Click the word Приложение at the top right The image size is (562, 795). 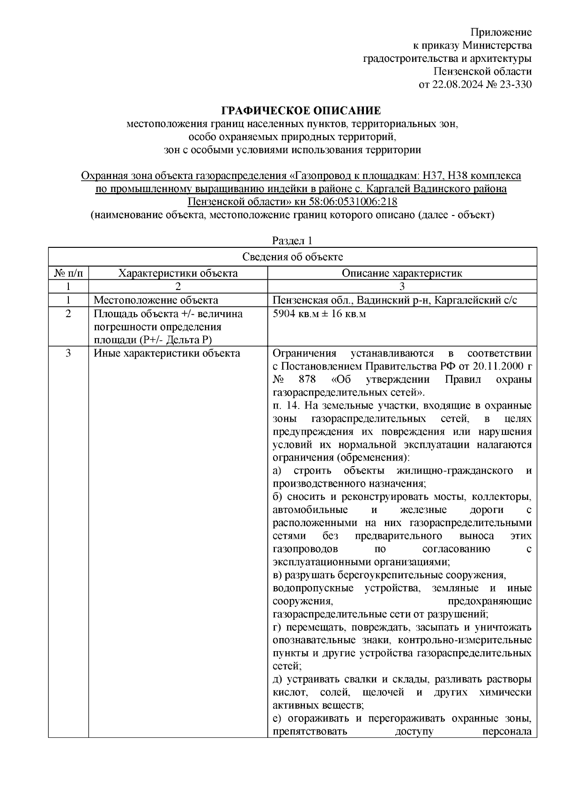coord(501,32)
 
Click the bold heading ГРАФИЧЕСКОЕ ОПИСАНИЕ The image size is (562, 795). coord(301,111)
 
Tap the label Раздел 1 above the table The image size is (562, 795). coord(292,241)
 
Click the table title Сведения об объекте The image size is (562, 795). coord(292,257)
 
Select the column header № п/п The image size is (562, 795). coord(68,273)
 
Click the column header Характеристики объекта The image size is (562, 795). coord(178,273)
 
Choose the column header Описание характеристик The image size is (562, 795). coord(401,273)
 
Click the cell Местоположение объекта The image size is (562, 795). coord(156,300)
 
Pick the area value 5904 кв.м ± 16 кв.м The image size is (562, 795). coord(319,314)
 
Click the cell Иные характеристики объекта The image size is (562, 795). coord(167,353)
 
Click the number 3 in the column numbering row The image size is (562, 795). coord(402,287)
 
